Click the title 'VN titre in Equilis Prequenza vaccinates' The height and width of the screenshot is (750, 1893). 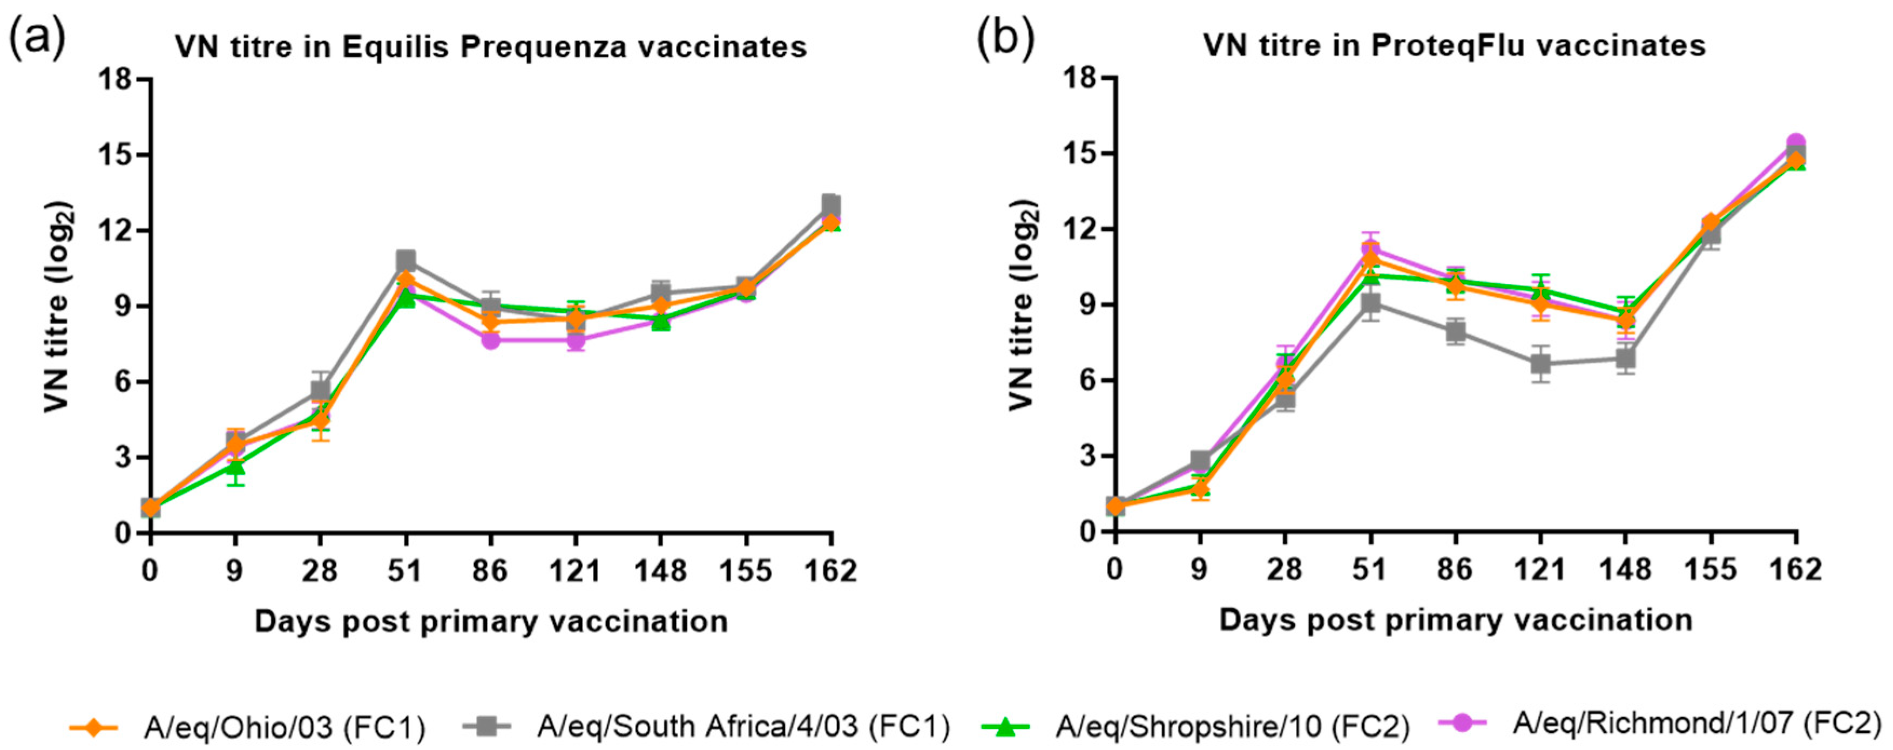click(491, 47)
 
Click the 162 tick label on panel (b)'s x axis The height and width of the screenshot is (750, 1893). click(1795, 570)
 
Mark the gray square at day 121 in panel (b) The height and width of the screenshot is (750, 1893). click(1541, 364)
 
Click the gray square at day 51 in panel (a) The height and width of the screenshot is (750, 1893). click(405, 260)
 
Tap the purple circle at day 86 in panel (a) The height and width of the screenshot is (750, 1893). click(491, 339)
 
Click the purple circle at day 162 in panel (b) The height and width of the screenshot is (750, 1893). click(1796, 143)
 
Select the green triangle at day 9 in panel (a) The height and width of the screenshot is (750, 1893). click(235, 467)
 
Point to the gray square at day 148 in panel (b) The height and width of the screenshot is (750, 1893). click(1626, 358)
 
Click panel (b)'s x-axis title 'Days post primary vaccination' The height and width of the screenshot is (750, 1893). click(1456, 620)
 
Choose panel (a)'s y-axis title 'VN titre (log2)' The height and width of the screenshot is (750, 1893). click(59, 306)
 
